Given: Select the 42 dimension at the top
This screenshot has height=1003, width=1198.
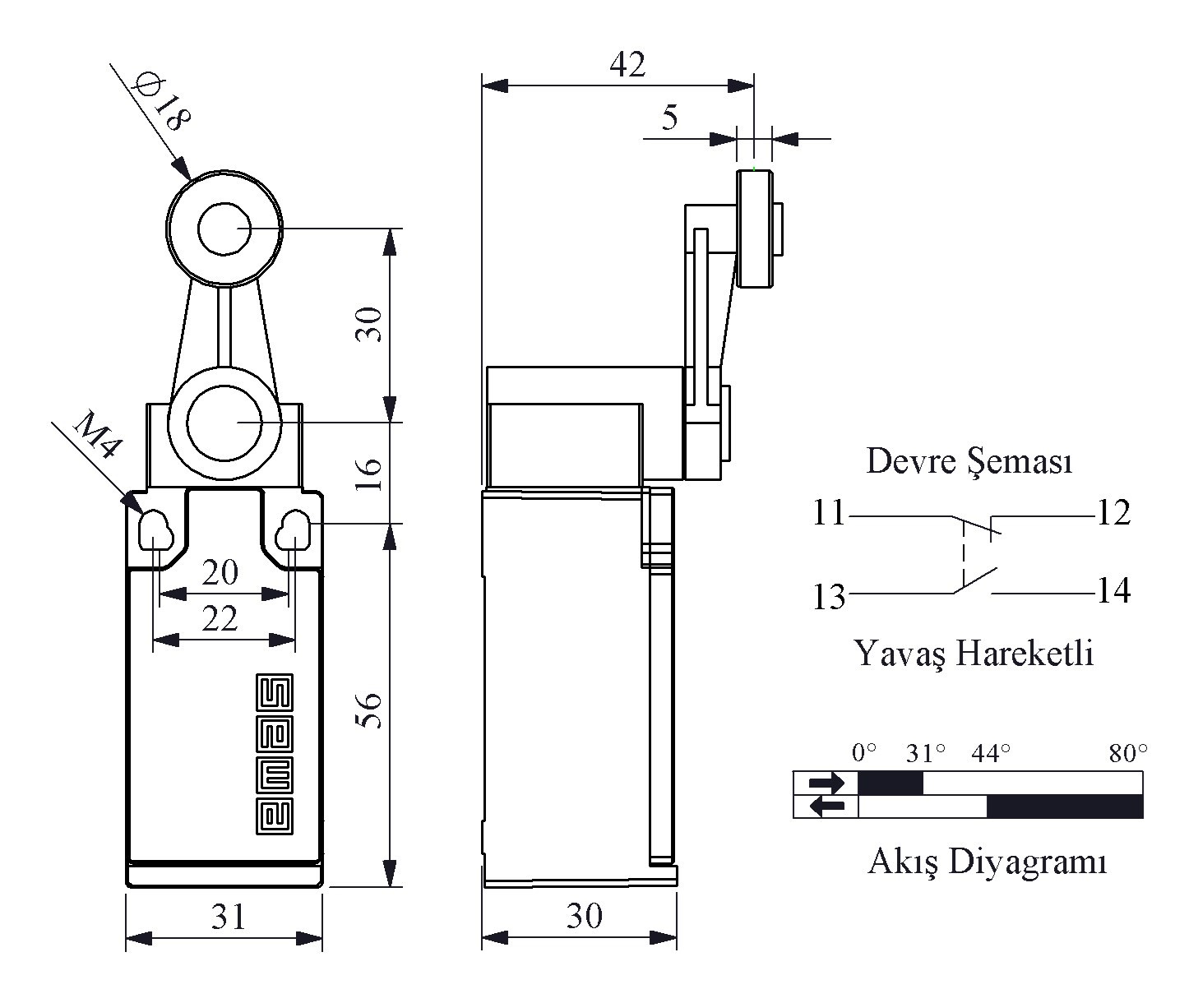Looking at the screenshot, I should pos(627,65).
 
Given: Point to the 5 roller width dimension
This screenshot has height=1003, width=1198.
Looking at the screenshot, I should pos(670,118).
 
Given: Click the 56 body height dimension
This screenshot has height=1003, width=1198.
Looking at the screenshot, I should pos(370,709).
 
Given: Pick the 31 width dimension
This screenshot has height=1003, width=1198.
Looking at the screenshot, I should pos(228,916).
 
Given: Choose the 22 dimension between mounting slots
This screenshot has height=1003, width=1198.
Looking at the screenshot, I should pos(220,618).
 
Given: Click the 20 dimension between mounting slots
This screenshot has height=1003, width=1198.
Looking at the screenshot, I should pos(220,572).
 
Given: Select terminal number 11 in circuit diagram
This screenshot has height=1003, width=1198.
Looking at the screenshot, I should pos(828,514).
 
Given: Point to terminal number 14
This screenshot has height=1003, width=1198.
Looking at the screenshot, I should pos(1113,590).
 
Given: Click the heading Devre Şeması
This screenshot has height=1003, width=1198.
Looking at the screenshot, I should pos(969,461).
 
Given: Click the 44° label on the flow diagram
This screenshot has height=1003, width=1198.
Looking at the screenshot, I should pos(990,753).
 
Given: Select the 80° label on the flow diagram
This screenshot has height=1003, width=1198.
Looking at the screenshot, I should pos(1127,753).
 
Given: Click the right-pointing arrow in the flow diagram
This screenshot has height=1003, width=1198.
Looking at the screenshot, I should pos(826,783).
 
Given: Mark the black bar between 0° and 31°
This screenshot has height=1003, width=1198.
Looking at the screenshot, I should pos(890,783).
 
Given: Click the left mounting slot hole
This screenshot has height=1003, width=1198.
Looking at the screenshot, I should pos(155,531).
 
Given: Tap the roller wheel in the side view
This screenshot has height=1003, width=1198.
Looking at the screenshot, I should pos(755,229).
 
